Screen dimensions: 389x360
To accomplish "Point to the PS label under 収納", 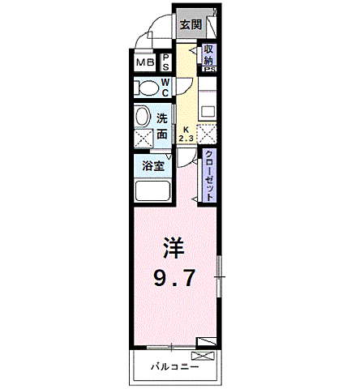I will pos(208,70).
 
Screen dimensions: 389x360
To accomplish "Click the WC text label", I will pos(164,88).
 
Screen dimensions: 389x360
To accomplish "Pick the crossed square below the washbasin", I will pos(143,138).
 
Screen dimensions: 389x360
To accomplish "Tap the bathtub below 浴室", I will pos(152,193).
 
